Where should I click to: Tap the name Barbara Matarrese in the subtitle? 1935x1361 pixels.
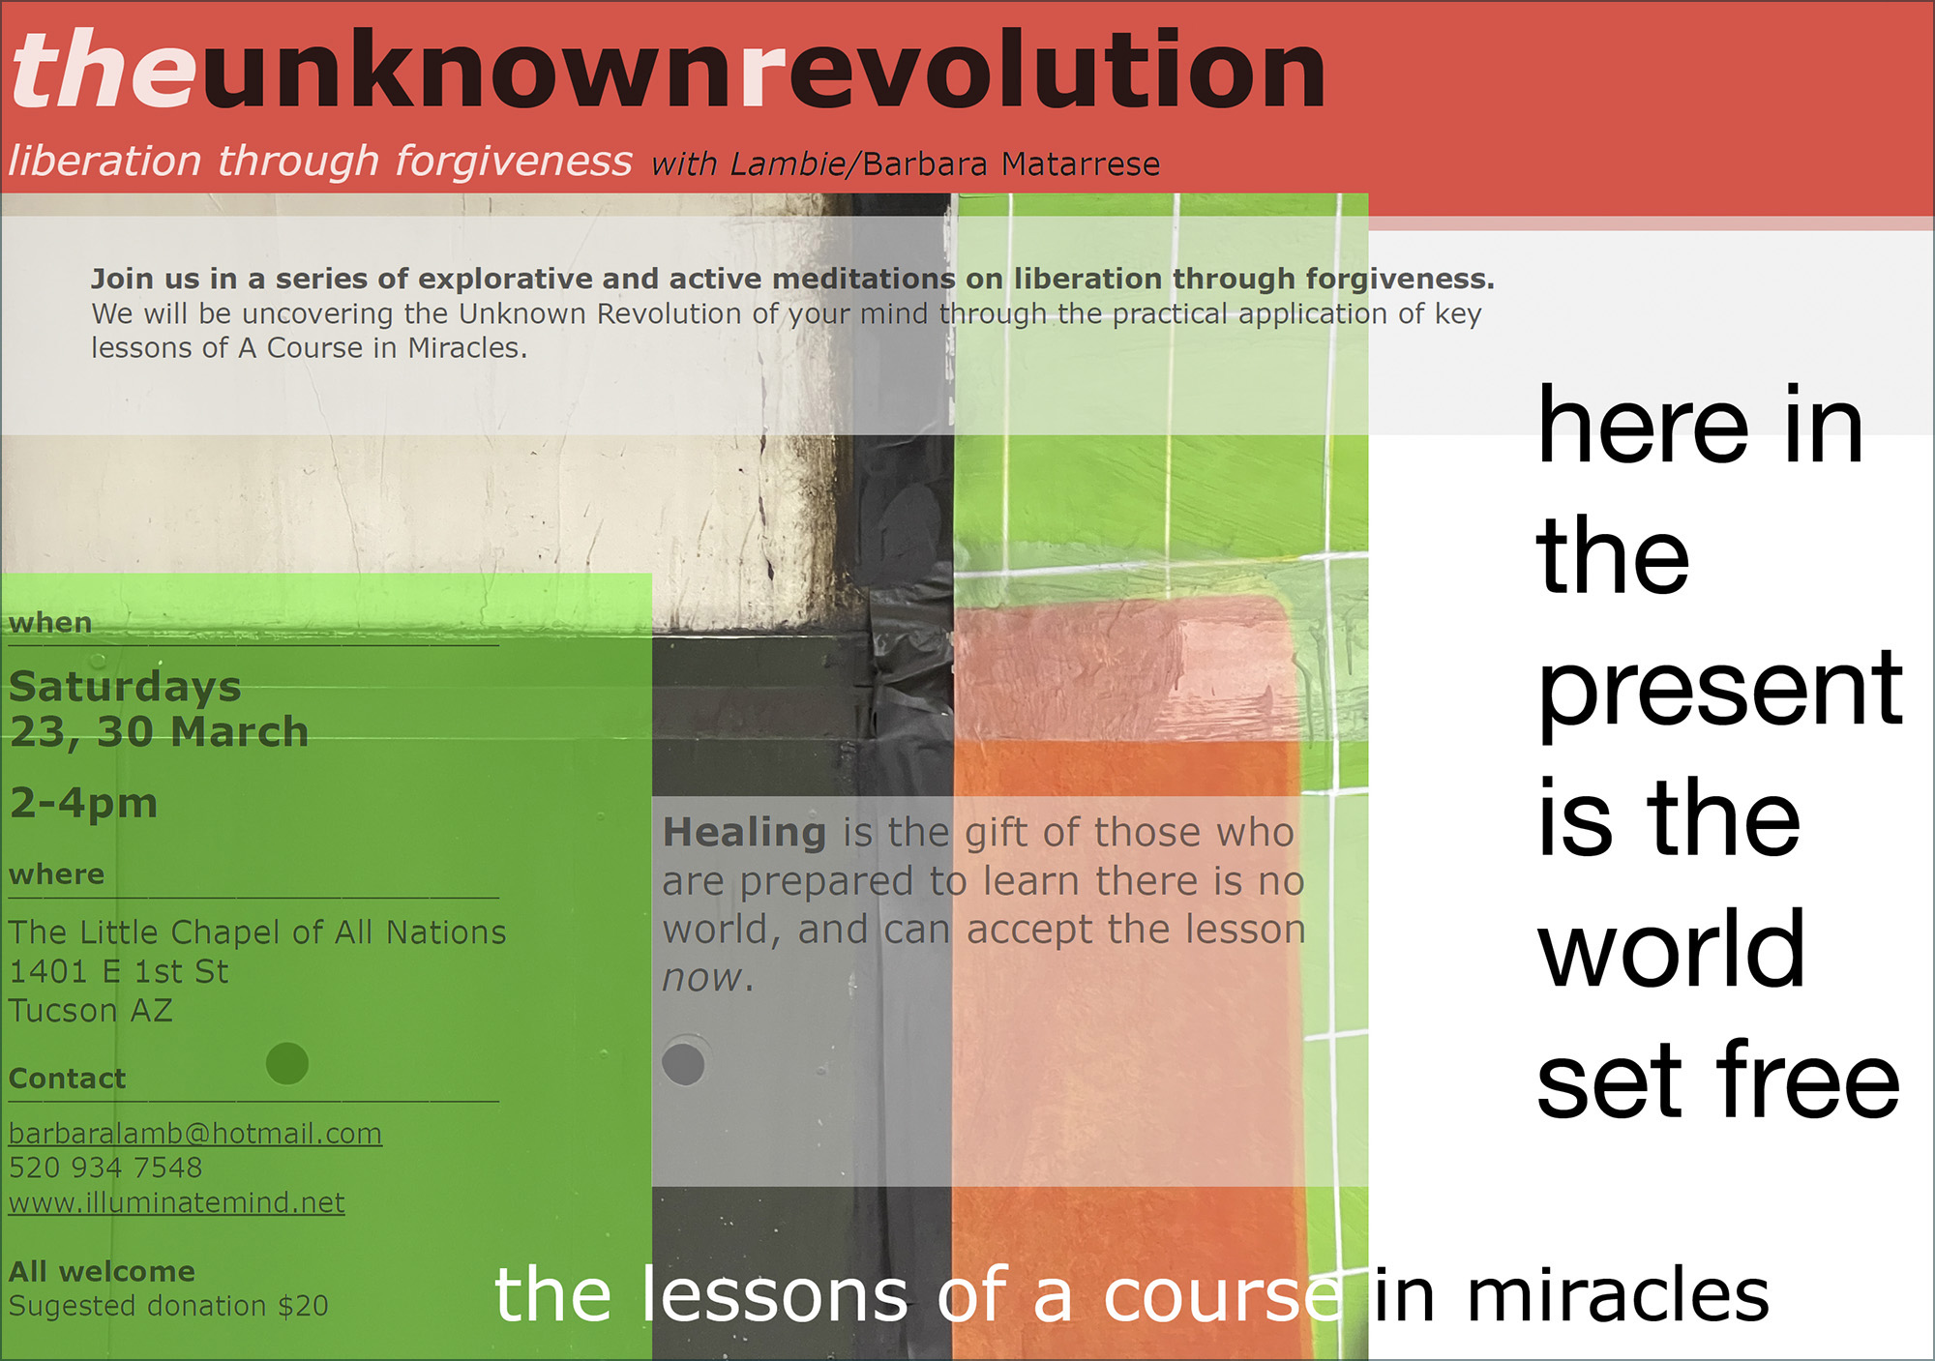tap(1011, 164)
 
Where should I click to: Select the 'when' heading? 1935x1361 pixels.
tap(50, 623)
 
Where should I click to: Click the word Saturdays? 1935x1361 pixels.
tap(125, 688)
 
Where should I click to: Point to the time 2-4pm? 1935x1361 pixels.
tap(83, 803)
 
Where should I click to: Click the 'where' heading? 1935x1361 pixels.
tap(56, 874)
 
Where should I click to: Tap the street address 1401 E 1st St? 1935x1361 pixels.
tap(119, 971)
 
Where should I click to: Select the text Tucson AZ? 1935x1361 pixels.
tap(91, 1011)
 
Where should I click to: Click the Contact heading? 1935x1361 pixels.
tap(67, 1079)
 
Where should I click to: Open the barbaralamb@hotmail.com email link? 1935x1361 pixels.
tap(195, 1134)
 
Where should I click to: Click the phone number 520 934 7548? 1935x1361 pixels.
tap(105, 1168)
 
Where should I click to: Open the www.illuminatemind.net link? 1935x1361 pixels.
tap(177, 1202)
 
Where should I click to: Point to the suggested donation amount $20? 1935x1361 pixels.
tap(303, 1306)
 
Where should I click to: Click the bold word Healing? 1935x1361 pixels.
tap(744, 833)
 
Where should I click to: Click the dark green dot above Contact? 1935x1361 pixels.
tap(287, 1063)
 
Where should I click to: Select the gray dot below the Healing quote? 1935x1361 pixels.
tap(683, 1064)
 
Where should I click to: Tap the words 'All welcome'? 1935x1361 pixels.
tap(102, 1271)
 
